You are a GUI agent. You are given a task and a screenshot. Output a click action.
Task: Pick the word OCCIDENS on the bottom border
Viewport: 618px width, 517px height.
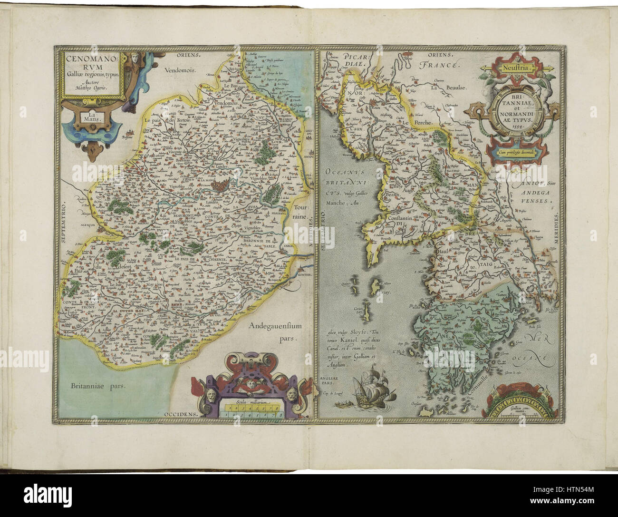coord(179,414)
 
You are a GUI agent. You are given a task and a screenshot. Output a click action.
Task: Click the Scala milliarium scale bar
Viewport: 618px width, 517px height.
coord(253,409)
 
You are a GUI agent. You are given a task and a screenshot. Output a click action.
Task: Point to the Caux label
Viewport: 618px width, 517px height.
coord(349,129)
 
